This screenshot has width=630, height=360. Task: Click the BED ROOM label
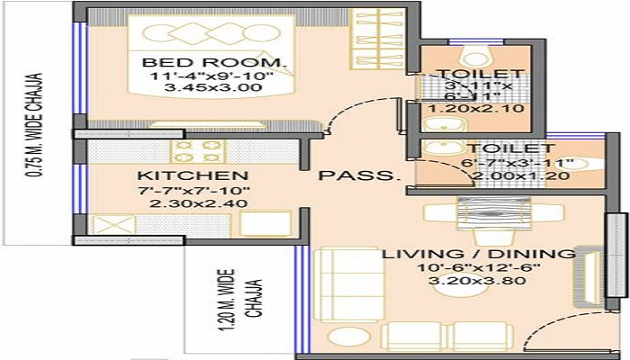[215, 63]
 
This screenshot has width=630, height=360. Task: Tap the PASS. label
[357, 175]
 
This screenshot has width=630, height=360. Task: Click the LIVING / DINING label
[478, 255]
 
